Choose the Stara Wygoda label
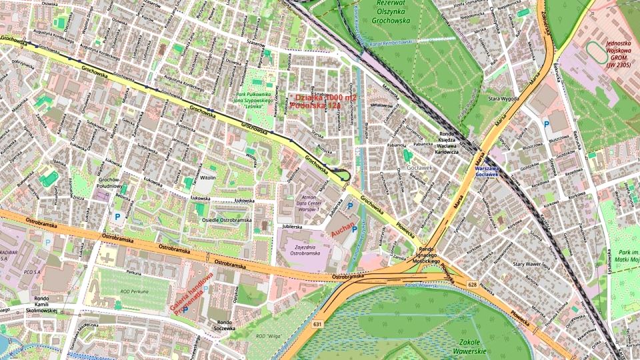[x=503, y=99]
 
